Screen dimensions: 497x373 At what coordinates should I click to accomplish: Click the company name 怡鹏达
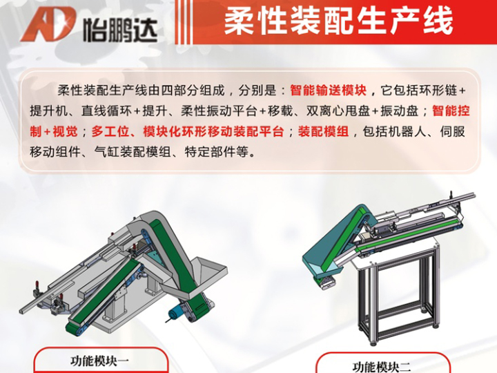click(120, 30)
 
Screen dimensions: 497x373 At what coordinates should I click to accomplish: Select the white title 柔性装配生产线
click(338, 21)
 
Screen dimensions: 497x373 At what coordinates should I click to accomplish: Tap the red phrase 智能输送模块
click(329, 90)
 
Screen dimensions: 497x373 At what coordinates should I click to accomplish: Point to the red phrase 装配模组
click(323, 131)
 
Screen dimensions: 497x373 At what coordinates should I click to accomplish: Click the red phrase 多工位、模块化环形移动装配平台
click(187, 131)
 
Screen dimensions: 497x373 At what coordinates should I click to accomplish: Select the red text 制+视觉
click(54, 131)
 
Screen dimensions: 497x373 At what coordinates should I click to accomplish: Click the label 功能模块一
click(99, 361)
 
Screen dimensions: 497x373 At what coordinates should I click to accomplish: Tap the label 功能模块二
click(382, 367)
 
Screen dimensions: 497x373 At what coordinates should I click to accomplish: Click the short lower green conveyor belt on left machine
click(102, 297)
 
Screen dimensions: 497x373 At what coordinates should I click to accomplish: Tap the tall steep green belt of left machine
click(177, 257)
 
